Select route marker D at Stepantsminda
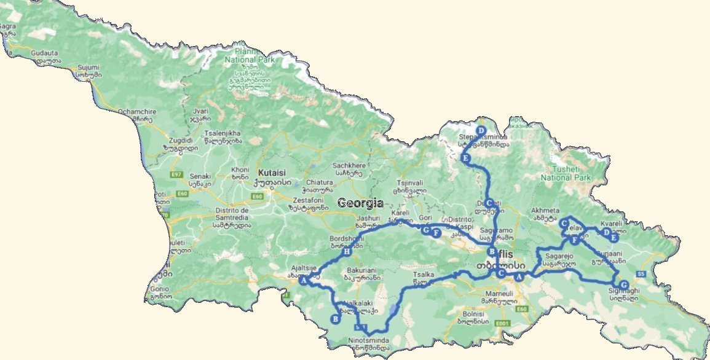pos(481,130)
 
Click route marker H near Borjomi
pos(347,252)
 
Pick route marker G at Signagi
pos(623,285)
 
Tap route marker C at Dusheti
pos(489,203)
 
